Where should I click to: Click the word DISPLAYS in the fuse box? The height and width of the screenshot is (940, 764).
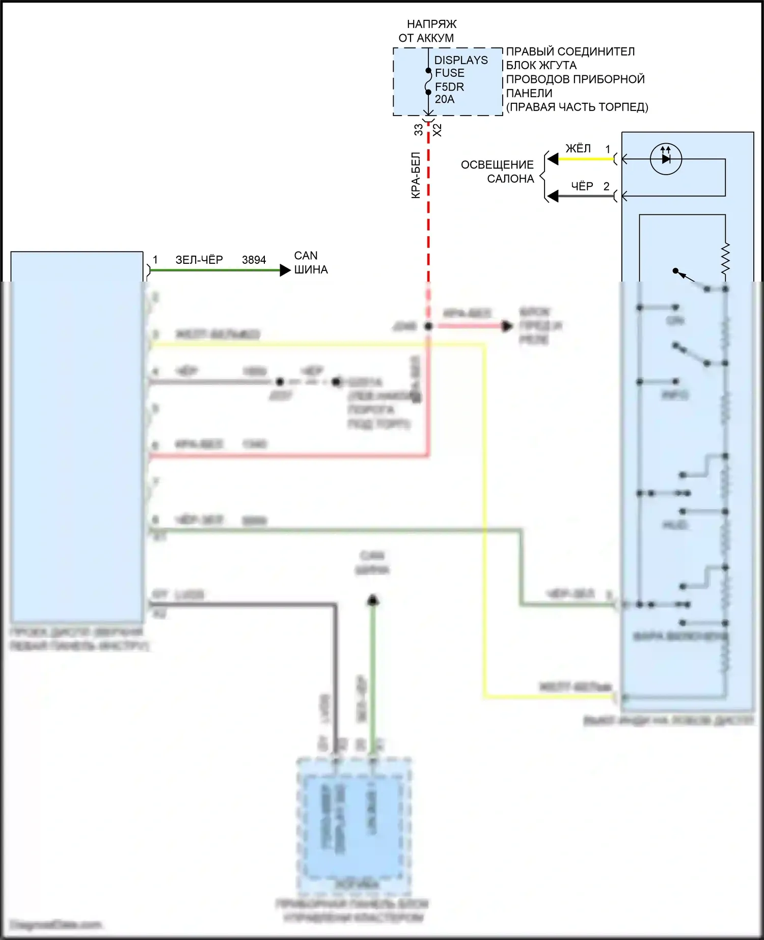(460, 60)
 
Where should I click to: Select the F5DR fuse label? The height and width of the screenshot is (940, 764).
(449, 87)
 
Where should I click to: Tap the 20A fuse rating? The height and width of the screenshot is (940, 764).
(444, 99)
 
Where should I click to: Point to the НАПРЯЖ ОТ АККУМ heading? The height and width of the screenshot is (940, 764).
(428, 31)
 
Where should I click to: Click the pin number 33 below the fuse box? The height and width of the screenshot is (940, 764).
(418, 130)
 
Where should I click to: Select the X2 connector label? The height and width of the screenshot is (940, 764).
(437, 130)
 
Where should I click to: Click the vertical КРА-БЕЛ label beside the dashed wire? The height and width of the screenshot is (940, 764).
(416, 175)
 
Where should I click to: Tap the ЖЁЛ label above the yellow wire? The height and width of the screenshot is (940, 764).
(578, 148)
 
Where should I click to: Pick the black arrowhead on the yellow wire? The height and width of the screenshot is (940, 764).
(553, 159)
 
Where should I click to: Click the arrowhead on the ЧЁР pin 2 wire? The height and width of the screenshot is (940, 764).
(553, 196)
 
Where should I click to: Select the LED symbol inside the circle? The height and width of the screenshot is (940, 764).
(666, 158)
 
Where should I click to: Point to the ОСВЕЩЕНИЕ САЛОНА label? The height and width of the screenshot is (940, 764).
(497, 172)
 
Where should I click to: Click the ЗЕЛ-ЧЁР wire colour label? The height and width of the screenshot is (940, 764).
(199, 260)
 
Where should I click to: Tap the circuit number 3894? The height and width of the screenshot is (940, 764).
(254, 260)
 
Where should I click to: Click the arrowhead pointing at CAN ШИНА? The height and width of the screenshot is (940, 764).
(285, 270)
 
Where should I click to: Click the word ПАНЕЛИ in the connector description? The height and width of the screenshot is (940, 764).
(529, 93)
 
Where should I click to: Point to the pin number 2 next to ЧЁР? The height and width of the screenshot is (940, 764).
(606, 186)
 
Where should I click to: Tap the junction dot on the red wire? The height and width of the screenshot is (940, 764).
(428, 326)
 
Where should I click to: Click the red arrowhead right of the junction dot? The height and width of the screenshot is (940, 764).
(507, 326)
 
